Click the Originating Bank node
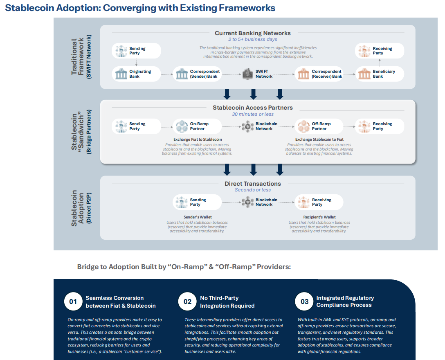136,74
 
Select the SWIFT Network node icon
248,74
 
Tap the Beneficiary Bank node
380,74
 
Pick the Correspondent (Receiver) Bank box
319,74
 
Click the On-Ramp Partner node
197,126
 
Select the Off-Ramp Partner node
319,126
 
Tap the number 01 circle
73,302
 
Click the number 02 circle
187,302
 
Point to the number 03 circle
305,302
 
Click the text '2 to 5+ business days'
253,40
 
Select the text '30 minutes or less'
253,114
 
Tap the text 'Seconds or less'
253,190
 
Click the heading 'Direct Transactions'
253,184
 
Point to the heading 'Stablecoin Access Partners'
253,108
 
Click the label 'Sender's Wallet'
198,217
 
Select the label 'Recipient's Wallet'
319,217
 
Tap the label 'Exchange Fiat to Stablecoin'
198,139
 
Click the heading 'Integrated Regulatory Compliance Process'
345,301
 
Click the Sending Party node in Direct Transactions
197,202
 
